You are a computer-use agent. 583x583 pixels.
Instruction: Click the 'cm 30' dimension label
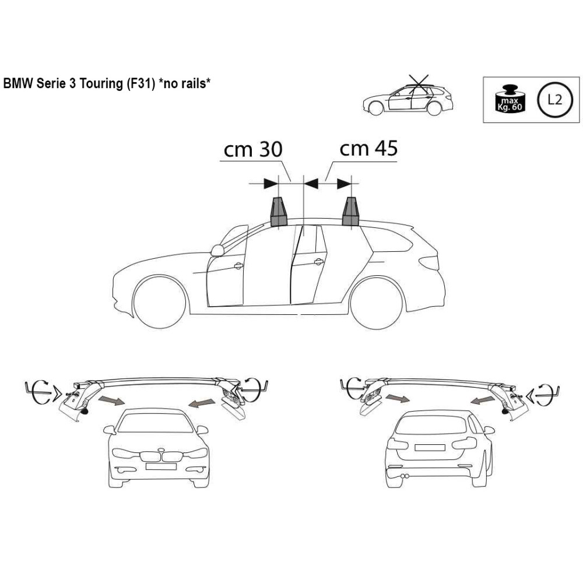(253, 149)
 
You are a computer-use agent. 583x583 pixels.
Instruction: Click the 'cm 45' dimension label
(368, 148)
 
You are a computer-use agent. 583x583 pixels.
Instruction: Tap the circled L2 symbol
(554, 99)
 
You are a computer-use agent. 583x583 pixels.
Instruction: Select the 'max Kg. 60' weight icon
(510, 99)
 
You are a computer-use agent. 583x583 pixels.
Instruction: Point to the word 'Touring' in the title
(101, 83)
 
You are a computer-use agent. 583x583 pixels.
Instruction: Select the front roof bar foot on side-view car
(279, 212)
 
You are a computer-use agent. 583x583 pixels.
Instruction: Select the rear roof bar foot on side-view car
(351, 212)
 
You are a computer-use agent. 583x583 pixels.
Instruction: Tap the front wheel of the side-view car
(160, 302)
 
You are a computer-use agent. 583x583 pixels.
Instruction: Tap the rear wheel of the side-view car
(377, 303)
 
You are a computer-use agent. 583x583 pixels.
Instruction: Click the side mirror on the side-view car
(217, 250)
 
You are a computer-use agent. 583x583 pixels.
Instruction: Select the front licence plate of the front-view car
(161, 466)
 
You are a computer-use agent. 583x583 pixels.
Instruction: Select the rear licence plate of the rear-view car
(430, 448)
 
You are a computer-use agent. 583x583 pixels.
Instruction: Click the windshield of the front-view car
(156, 423)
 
